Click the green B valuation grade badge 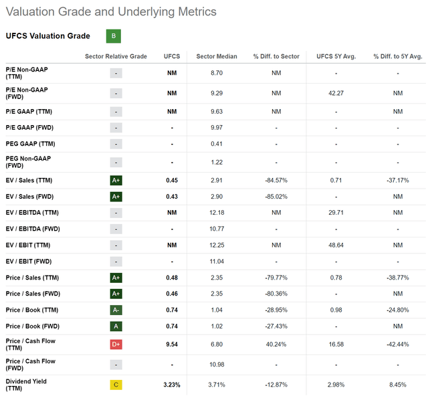pyautogui.click(x=114, y=36)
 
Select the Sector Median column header pyautogui.click(x=217, y=56)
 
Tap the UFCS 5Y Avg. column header pyautogui.click(x=336, y=56)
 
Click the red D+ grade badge pyautogui.click(x=116, y=344)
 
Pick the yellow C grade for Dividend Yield pyautogui.click(x=116, y=385)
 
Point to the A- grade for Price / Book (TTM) pyautogui.click(x=116, y=310)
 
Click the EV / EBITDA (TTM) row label pyautogui.click(x=32, y=213)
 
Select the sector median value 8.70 pyautogui.click(x=217, y=73)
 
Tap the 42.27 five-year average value pyautogui.click(x=336, y=93)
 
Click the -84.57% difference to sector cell pyautogui.click(x=276, y=180)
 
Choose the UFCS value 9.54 pyautogui.click(x=172, y=344)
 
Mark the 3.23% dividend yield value pyautogui.click(x=172, y=385)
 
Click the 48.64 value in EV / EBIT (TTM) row pyautogui.click(x=336, y=245)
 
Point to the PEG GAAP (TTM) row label pyautogui.click(x=30, y=144)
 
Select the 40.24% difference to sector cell pyautogui.click(x=276, y=344)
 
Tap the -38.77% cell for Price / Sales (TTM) pyautogui.click(x=398, y=278)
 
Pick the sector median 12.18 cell pyautogui.click(x=217, y=213)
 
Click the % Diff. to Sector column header pyautogui.click(x=276, y=56)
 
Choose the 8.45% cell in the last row pyautogui.click(x=398, y=385)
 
